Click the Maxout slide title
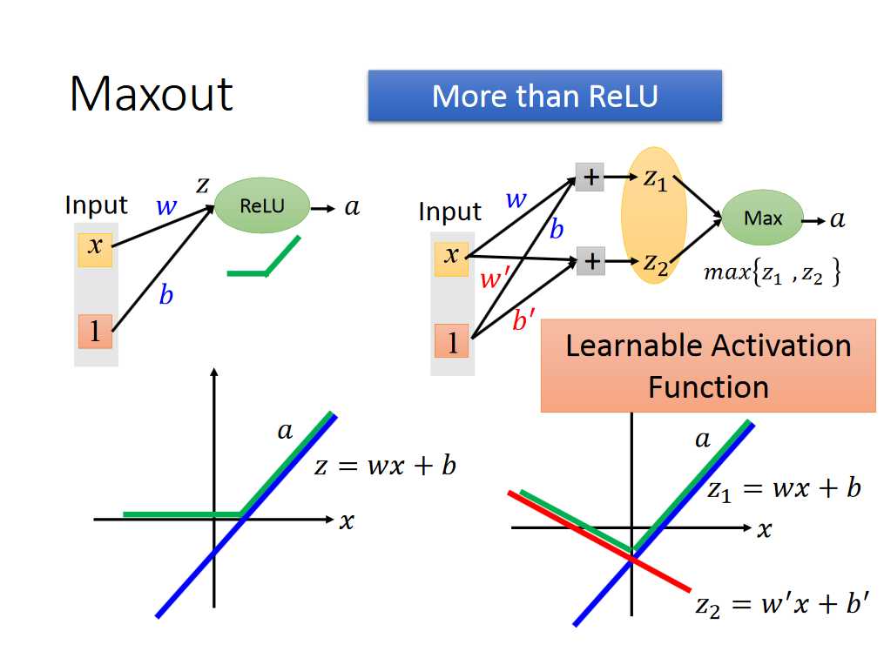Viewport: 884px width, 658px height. point(152,94)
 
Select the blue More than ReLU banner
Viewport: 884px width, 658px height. point(544,96)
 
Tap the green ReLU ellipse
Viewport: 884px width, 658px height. point(262,207)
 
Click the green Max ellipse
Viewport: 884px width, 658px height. point(762,218)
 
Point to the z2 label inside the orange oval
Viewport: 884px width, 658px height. point(655,262)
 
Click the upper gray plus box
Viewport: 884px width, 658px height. point(590,178)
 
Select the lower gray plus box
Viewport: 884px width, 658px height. point(590,260)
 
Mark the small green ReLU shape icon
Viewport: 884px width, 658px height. point(264,259)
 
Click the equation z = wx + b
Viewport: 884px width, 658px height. point(385,466)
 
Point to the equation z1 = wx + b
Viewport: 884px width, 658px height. point(783,489)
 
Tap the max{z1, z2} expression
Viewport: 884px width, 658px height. point(772,274)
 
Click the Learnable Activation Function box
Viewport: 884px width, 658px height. point(707,366)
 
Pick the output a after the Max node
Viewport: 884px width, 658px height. point(837,220)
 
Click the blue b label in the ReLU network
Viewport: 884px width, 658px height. point(165,296)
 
